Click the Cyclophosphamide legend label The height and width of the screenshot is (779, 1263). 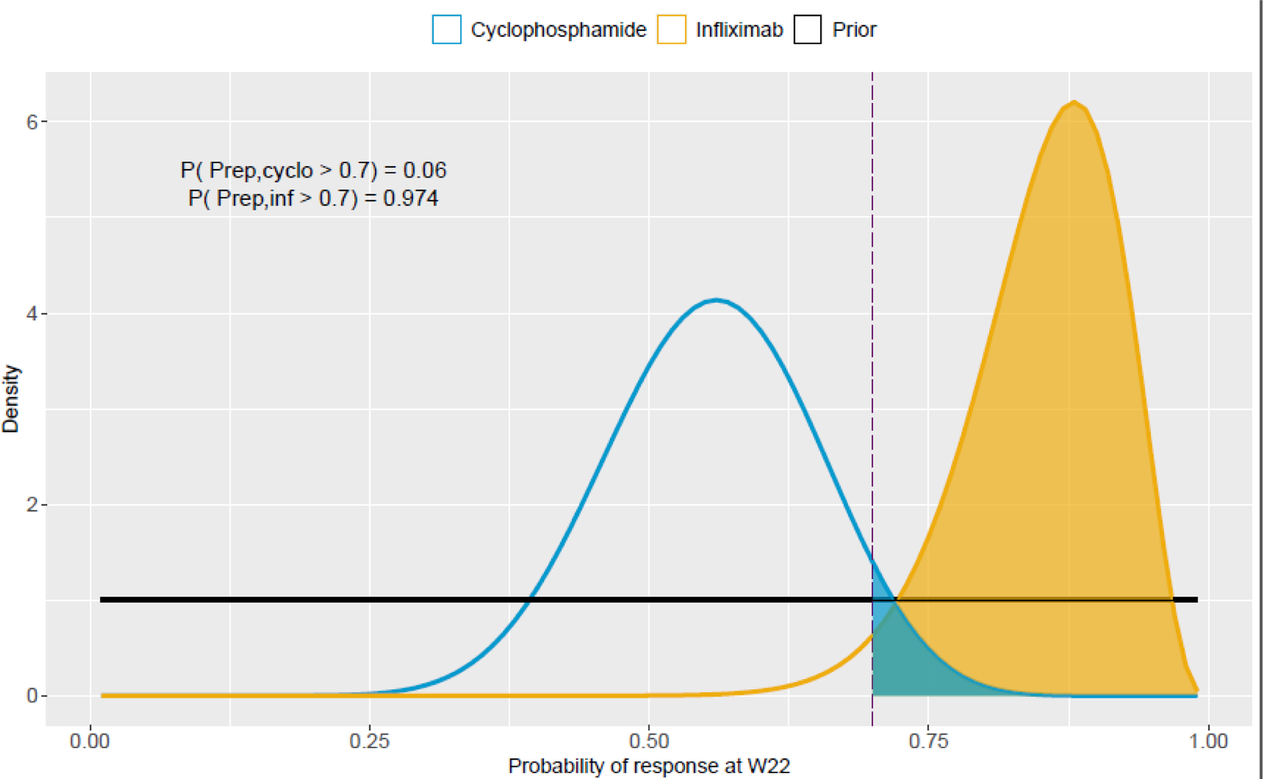click(558, 30)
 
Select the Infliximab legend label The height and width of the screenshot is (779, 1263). click(739, 30)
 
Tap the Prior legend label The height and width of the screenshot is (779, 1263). click(854, 30)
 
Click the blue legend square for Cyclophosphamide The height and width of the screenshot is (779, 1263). click(446, 30)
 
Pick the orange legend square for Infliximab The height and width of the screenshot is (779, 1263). click(672, 30)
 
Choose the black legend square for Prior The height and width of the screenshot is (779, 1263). click(808, 30)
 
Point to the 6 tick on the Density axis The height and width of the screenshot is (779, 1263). click(32, 122)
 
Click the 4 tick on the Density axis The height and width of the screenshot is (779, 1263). click(32, 314)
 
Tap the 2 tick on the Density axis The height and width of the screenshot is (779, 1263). click(32, 505)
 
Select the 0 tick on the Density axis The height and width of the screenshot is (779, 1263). click(32, 696)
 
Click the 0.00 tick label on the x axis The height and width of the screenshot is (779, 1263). click(89, 741)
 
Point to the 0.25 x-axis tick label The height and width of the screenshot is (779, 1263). click(369, 741)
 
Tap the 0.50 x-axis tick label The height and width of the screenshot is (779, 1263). click(648, 741)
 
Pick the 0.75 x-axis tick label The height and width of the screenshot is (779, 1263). click(928, 741)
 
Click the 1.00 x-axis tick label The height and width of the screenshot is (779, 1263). click(1208, 741)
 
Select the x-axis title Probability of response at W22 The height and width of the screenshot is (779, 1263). click(648, 766)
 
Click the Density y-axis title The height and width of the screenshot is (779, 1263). click(11, 399)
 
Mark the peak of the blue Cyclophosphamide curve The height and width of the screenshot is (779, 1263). click(716, 300)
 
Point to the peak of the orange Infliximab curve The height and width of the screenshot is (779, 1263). click(1075, 102)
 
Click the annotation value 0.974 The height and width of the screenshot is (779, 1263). click(411, 198)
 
